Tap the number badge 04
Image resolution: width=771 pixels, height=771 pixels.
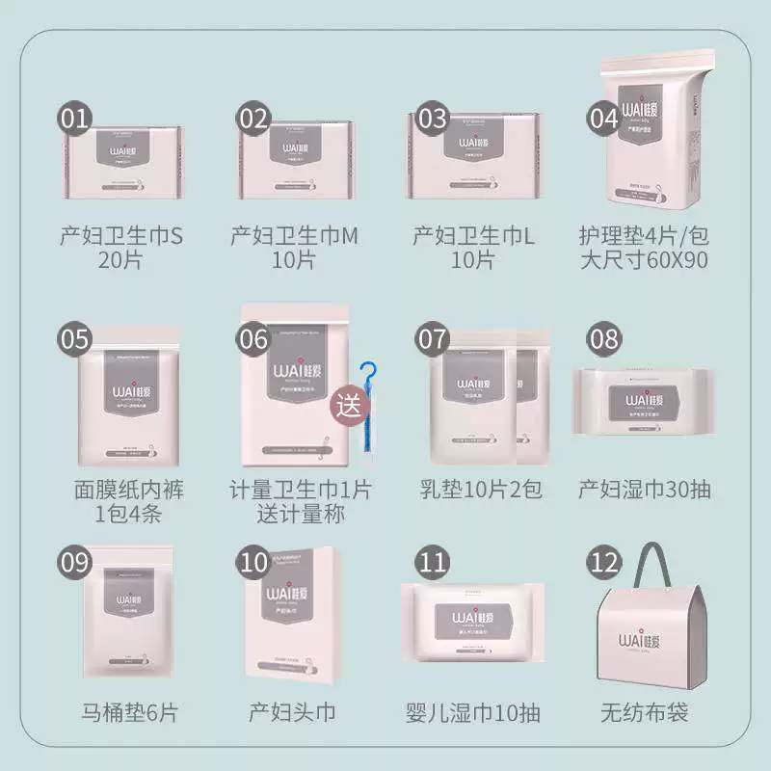[604, 119]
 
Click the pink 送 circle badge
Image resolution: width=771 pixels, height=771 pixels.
[348, 404]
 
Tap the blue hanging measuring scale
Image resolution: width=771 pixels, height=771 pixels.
[367, 405]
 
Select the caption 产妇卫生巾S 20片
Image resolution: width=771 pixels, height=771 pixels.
[120, 247]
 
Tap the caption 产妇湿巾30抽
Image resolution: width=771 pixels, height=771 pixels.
[645, 489]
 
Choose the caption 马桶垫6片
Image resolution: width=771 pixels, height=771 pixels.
[129, 713]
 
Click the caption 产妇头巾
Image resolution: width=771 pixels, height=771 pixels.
[292, 713]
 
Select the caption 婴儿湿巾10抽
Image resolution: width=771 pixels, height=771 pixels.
[472, 713]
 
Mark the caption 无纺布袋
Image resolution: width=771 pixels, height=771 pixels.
[644, 713]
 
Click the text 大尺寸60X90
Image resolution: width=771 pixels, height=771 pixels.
[645, 259]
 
